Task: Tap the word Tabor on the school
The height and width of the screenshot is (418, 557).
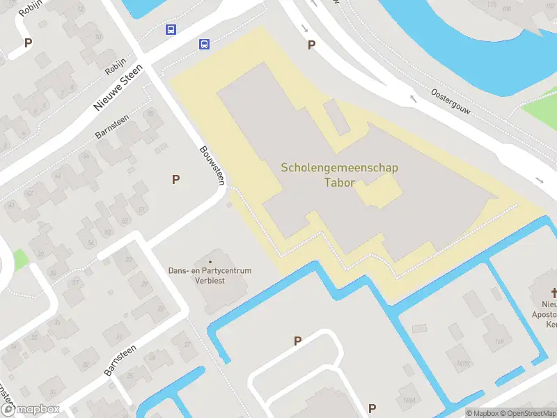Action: tap(339, 183)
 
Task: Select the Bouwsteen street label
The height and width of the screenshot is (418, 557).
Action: tap(212, 165)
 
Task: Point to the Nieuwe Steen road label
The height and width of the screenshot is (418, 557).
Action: tap(118, 88)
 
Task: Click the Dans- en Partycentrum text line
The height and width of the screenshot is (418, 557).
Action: tap(210, 270)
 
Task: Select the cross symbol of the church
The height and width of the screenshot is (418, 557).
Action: tap(555, 293)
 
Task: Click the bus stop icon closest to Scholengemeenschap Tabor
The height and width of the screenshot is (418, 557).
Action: tap(204, 44)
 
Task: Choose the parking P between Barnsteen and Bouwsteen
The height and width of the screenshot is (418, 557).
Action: tap(176, 180)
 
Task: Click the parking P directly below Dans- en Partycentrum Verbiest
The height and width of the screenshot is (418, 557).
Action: tap(297, 341)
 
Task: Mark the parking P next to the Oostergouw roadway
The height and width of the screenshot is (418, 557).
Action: tap(311, 45)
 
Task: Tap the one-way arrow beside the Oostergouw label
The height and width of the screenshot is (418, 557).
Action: tap(413, 98)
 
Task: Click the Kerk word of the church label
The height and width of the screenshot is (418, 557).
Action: tap(551, 324)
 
